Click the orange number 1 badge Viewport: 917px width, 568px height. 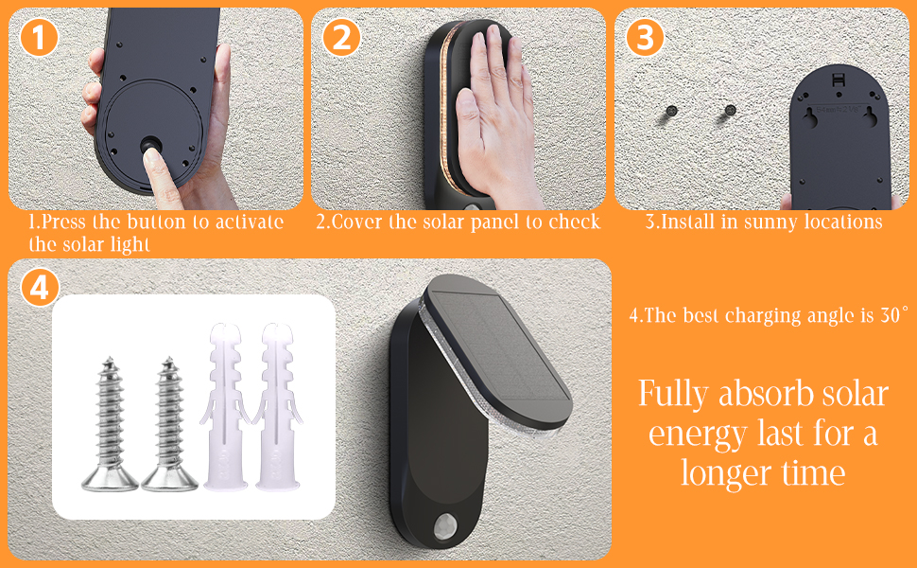(39, 38)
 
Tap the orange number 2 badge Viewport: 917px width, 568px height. (341, 38)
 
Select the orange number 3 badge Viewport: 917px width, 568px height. (645, 38)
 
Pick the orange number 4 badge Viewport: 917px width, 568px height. (40, 289)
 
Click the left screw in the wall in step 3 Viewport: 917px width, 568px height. (671, 110)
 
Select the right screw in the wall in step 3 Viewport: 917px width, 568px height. (730, 110)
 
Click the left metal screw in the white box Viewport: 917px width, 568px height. (110, 424)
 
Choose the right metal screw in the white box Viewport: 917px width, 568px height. (169, 424)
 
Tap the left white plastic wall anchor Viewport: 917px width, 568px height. (226, 406)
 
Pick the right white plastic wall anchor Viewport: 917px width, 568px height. (278, 406)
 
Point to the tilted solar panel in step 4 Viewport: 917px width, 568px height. (497, 350)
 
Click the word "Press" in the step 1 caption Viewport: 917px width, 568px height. (63, 222)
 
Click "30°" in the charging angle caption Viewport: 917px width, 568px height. (894, 315)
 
